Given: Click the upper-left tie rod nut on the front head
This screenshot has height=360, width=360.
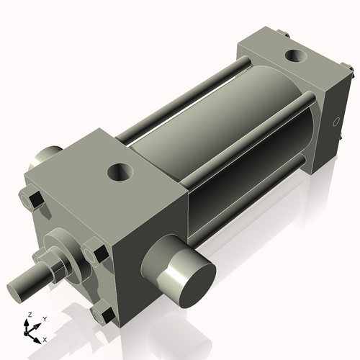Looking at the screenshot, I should coord(30,197).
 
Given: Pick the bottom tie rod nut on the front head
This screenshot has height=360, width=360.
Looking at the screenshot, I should coord(102,314).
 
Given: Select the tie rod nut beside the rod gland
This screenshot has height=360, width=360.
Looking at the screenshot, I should coord(94,253).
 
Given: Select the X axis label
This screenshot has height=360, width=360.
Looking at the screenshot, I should coord(45,338).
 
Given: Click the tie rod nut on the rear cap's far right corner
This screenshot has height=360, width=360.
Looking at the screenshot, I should coord(351,71).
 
